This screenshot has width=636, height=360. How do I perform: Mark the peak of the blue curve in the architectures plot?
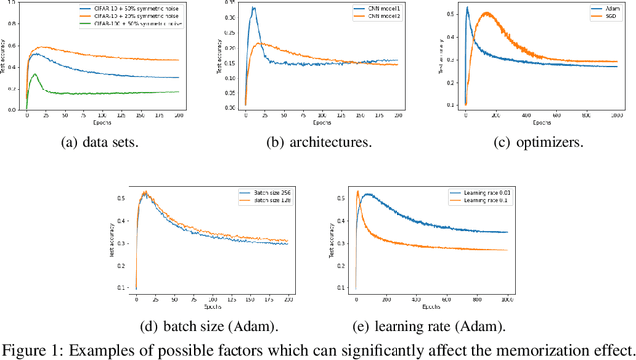pos(253,9)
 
